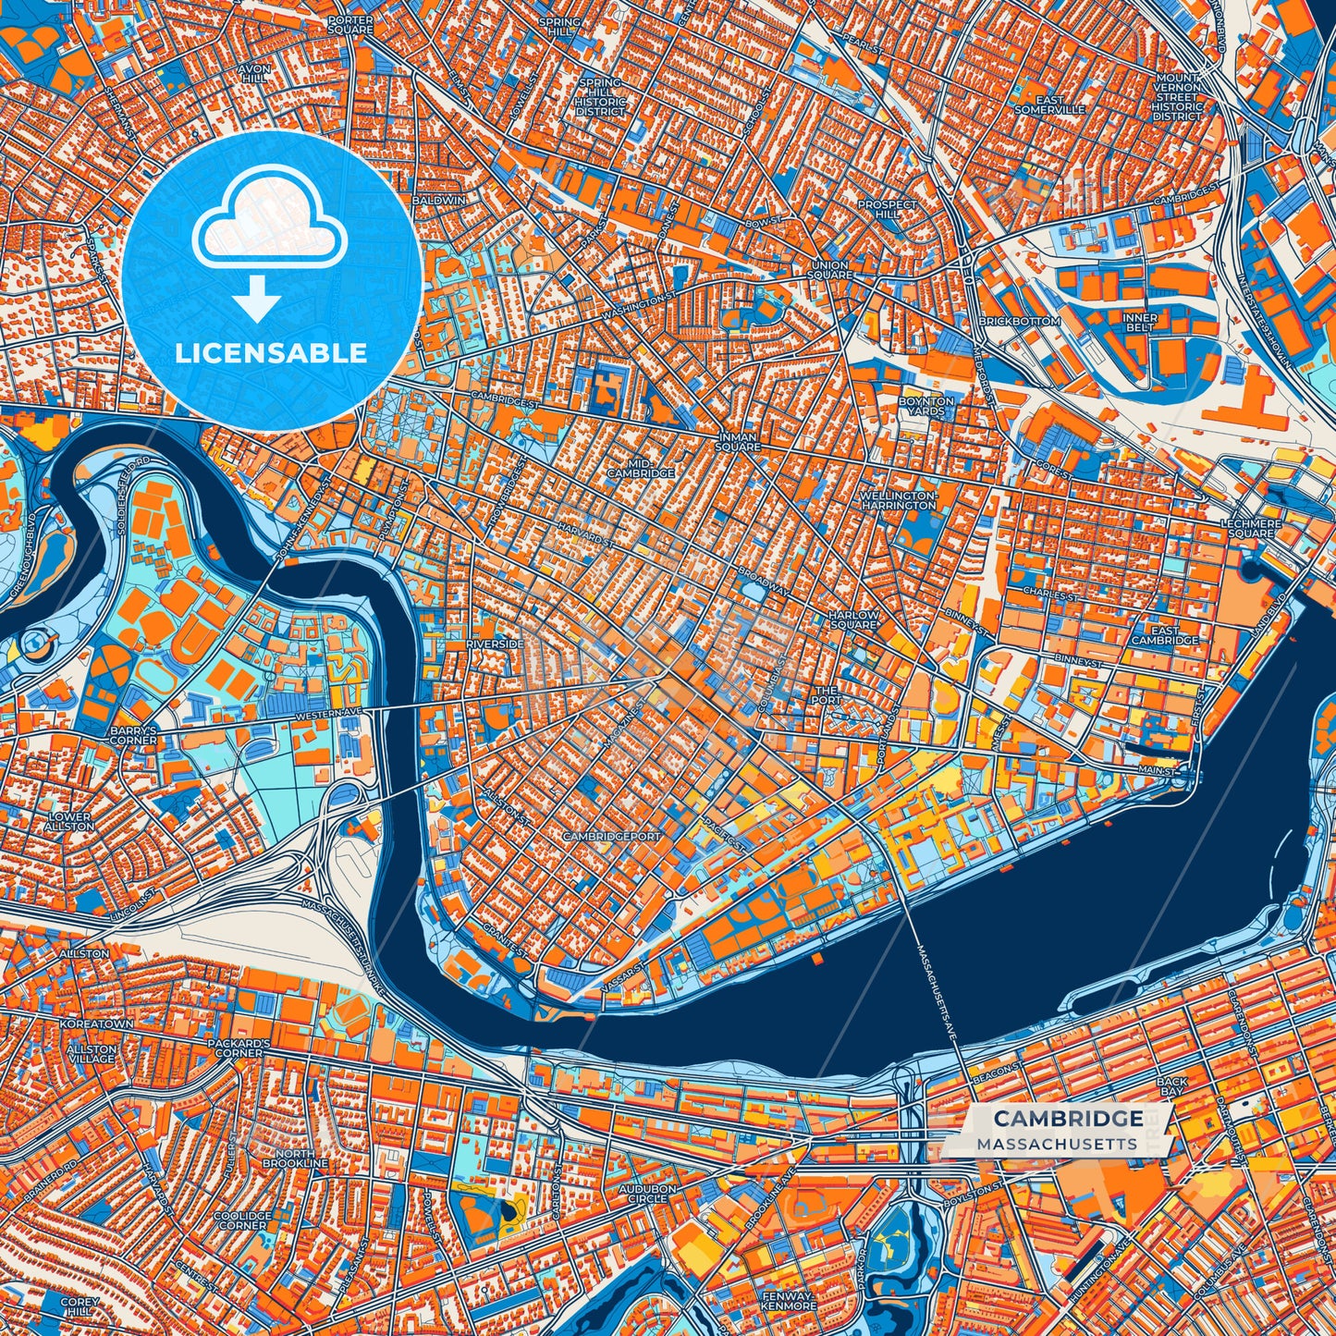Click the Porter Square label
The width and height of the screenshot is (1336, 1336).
coord(350,25)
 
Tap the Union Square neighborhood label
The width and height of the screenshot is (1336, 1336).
coord(828,270)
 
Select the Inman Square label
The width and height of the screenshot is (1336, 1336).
coord(737,441)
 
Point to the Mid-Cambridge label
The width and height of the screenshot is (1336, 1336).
coord(640,468)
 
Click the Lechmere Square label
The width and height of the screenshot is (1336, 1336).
coord(1250,528)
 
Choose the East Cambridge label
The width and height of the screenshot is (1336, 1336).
coord(1164,634)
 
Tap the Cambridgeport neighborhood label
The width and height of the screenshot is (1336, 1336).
coord(612,836)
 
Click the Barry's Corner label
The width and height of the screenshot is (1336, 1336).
coord(133,735)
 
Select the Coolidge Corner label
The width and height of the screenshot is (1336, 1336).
coord(242,1220)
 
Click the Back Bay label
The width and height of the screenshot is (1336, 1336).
coord(1171,1086)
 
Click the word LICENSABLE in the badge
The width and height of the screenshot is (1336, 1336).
coord(271,353)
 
